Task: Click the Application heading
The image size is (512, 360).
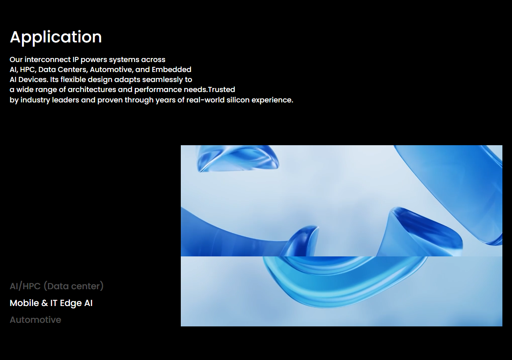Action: pyautogui.click(x=56, y=38)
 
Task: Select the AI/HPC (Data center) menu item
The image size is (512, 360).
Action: pyautogui.click(x=57, y=286)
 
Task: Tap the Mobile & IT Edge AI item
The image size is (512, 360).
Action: pyautogui.click(x=51, y=303)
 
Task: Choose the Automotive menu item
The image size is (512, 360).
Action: pyautogui.click(x=36, y=320)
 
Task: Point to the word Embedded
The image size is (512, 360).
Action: pyautogui.click(x=172, y=70)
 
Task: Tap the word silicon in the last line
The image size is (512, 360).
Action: pyautogui.click(x=238, y=100)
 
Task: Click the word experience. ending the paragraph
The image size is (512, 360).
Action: pyautogui.click(x=272, y=100)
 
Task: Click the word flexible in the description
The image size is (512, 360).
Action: pyautogui.click(x=73, y=80)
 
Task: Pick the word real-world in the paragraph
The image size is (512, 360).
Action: pyautogui.click(x=206, y=100)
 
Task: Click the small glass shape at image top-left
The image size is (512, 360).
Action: pyautogui.click(x=238, y=159)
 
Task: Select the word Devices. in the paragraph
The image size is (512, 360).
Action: pyautogui.click(x=33, y=80)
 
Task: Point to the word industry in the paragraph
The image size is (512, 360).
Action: pyautogui.click(x=35, y=100)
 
